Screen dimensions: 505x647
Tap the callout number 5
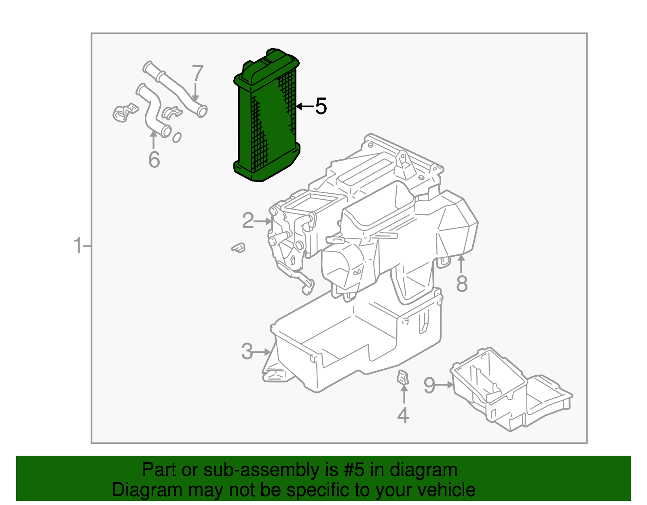tap(321, 106)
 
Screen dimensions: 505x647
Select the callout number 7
tap(197, 74)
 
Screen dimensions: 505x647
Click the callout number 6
tap(154, 159)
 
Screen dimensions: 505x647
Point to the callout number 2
tap(248, 221)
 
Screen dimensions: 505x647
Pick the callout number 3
tap(247, 352)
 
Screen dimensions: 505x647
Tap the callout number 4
tap(403, 415)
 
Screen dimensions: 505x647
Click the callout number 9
tap(429, 385)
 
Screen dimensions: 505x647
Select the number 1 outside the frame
tap(77, 246)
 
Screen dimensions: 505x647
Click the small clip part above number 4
tap(404, 377)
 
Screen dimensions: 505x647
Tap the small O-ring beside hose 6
tap(176, 138)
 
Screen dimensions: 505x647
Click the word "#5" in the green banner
tap(354, 470)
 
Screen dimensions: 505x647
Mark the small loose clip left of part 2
tap(239, 247)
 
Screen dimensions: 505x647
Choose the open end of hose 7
tap(202, 110)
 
